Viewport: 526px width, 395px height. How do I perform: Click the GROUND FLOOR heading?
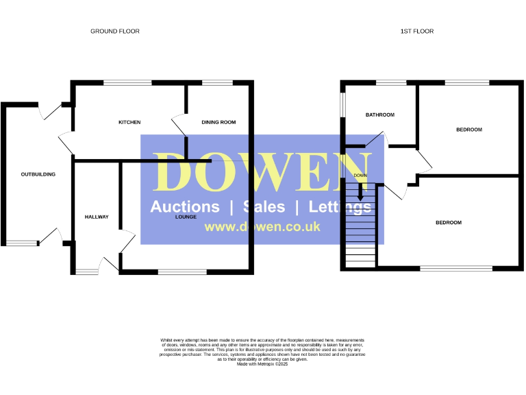[115, 32]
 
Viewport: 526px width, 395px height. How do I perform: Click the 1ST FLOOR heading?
[417, 32]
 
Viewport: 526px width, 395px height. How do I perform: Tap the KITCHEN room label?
[129, 123]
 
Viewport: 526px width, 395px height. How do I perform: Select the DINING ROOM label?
[218, 123]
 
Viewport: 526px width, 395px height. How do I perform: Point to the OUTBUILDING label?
[38, 174]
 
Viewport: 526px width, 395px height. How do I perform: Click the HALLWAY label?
[97, 217]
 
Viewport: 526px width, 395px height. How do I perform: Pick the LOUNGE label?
[186, 217]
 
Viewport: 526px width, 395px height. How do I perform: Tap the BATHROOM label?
[379, 115]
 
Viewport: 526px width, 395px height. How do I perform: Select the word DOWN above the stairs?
[360, 176]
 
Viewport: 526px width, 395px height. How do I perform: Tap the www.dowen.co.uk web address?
[262, 227]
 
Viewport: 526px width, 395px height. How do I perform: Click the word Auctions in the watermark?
[185, 207]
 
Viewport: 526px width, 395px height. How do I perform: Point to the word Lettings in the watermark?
[340, 207]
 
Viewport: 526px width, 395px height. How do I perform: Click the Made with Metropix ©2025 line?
[263, 363]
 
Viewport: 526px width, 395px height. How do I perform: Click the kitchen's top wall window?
[127, 83]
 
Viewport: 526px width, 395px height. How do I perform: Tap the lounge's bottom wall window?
[182, 272]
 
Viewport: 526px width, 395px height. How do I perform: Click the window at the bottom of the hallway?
[87, 272]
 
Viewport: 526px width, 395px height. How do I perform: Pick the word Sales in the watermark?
[264, 207]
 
